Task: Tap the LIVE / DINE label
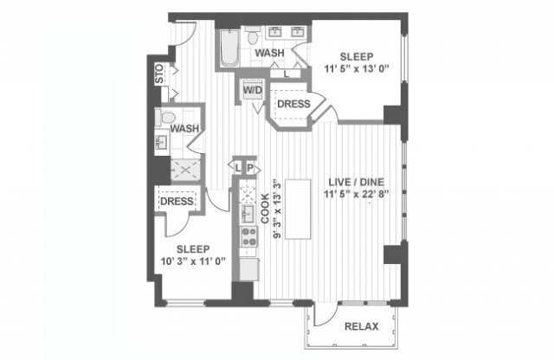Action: pos(356,183)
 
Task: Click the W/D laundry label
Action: pos(253,90)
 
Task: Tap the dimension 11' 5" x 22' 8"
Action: pos(356,196)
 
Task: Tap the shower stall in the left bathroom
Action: pos(184,167)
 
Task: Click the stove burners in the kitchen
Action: pos(248,236)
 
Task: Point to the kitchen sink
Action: pos(246,211)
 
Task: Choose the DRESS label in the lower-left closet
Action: pos(177,202)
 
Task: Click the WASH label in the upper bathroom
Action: pos(270,54)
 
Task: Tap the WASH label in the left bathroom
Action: pos(185,129)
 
